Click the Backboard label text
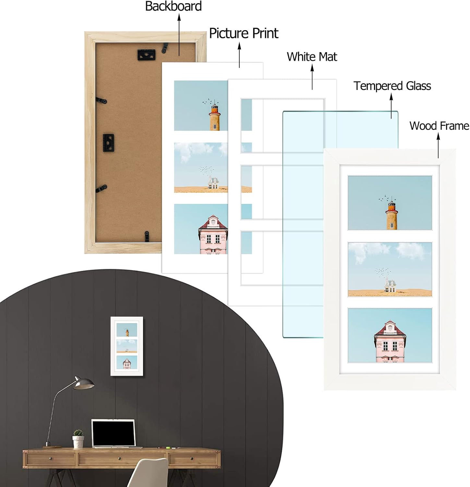(x=173, y=6)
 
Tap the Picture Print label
(x=244, y=33)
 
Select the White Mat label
(x=312, y=56)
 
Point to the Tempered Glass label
(x=392, y=86)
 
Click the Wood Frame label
(x=439, y=126)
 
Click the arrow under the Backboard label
(x=179, y=34)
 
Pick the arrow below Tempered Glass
(x=392, y=106)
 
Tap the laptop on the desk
(x=114, y=434)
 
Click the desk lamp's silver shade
(x=83, y=383)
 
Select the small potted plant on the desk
(x=78, y=439)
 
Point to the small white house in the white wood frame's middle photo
(x=390, y=285)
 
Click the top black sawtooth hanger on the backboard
(x=146, y=55)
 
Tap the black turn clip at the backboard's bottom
(x=147, y=236)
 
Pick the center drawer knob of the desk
(x=119, y=459)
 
